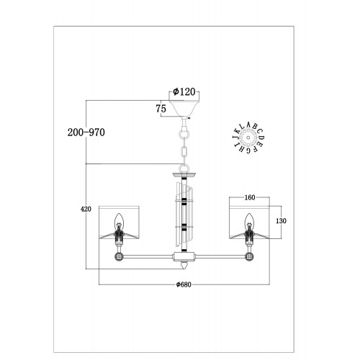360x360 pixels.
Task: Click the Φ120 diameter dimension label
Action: click(x=184, y=91)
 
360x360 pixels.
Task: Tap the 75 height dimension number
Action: click(x=161, y=109)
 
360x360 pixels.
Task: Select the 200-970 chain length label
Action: click(x=86, y=132)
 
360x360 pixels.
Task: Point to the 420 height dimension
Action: click(x=86, y=209)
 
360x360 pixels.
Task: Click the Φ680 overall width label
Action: click(x=184, y=284)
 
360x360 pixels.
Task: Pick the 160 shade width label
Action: click(x=250, y=197)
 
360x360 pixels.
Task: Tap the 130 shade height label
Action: click(x=281, y=220)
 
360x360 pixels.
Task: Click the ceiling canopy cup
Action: click(x=184, y=108)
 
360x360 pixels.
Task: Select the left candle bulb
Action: click(x=119, y=220)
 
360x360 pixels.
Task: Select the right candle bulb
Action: click(x=249, y=220)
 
